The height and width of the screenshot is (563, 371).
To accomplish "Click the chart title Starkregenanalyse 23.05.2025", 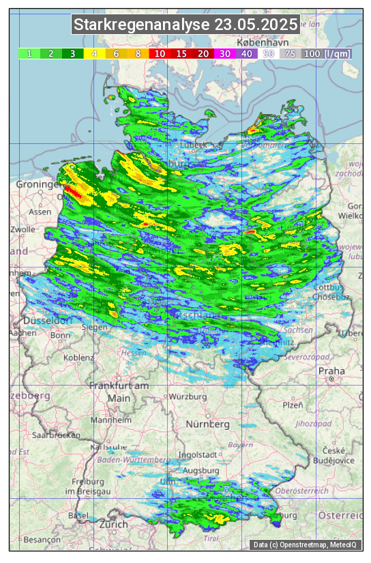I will click(185, 25).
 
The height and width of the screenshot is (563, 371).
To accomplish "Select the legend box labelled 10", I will click(160, 53).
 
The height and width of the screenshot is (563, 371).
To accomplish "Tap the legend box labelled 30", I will click(224, 53).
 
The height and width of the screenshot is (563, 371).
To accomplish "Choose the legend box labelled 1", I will click(29, 53).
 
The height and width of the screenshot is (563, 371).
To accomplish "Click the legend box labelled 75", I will click(290, 53).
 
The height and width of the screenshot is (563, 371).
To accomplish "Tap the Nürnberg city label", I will click(207, 424).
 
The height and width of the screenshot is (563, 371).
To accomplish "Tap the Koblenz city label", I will click(78, 357).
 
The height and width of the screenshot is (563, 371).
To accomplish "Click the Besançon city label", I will click(27, 538).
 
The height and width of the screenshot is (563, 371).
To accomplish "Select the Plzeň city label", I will click(293, 405).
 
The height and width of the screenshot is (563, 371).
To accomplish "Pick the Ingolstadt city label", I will click(197, 454).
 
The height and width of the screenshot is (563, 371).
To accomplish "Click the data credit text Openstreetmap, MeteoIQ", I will click(305, 545).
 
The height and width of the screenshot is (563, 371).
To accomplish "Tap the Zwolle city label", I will click(22, 229).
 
